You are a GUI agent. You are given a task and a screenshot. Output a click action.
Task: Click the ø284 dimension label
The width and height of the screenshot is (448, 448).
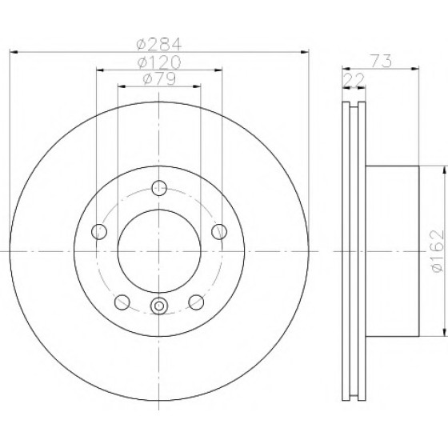pos(159,44)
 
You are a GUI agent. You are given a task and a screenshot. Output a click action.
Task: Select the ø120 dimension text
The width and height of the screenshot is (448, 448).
pos(159,62)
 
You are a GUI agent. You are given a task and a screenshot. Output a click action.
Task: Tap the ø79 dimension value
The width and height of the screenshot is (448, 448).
pos(159,79)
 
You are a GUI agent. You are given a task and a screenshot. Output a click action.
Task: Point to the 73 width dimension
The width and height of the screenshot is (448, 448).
pos(381,61)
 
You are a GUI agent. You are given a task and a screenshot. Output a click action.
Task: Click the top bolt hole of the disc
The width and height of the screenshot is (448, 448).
pos(159,188)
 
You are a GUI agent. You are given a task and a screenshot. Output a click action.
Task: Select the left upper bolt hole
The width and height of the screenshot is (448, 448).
pos(99,231)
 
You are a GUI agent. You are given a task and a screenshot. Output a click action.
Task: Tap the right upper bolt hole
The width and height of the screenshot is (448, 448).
pos(219,231)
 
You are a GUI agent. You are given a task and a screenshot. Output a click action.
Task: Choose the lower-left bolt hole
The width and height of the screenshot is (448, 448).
pos(122,302)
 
